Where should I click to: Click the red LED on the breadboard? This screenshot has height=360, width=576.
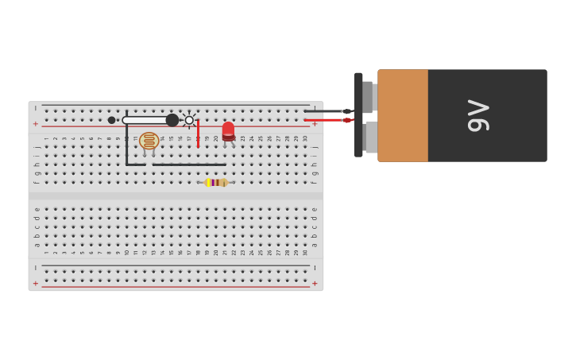click(x=228, y=131)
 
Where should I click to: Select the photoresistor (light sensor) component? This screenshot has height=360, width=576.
click(x=149, y=141)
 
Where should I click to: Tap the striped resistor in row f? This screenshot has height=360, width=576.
click(x=215, y=182)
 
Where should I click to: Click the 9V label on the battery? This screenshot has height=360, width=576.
click(x=479, y=115)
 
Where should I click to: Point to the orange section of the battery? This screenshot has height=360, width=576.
click(x=403, y=115)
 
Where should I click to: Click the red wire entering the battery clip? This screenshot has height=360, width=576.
click(x=326, y=120)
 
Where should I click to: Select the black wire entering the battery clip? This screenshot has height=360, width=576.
click(x=326, y=111)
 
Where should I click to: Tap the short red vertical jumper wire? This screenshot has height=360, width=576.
click(x=198, y=134)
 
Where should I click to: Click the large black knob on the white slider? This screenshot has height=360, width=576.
click(x=172, y=120)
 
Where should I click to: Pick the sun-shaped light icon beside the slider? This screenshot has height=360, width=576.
click(x=189, y=120)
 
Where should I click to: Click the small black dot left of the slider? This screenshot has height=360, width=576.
click(x=112, y=120)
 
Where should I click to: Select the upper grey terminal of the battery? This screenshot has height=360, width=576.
click(x=368, y=97)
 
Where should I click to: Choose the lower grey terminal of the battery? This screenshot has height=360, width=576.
click(x=370, y=137)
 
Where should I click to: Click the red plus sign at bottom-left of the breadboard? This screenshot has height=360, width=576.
click(x=36, y=283)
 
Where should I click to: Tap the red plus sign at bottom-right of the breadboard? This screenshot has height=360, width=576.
click(x=315, y=283)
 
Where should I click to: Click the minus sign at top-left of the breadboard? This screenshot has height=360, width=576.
click(x=36, y=108)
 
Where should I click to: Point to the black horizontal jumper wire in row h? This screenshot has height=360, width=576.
click(x=175, y=165)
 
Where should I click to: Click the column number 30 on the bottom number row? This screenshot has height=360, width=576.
click(x=305, y=252)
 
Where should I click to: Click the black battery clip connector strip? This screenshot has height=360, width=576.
click(x=358, y=115)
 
